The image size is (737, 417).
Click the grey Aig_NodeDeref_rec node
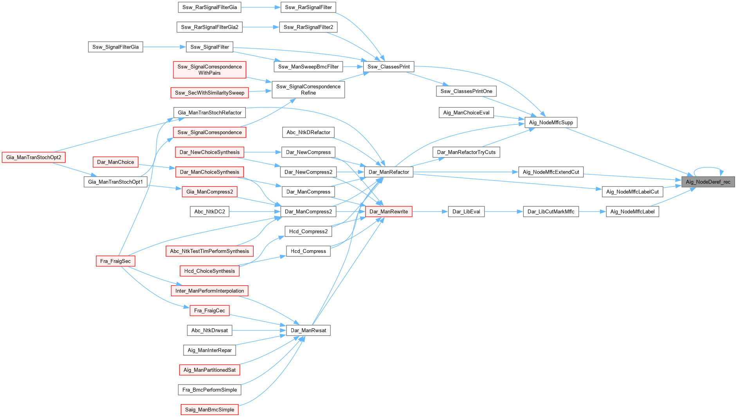coord(708,182)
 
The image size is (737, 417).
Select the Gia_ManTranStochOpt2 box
coord(34,157)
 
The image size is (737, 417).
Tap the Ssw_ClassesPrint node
coord(388,67)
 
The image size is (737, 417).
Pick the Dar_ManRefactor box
coord(389,172)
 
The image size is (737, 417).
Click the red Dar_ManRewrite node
coord(389,211)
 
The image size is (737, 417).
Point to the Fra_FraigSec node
coord(115,261)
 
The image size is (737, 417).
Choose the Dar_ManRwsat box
coord(308,330)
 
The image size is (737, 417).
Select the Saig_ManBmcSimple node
coord(209,410)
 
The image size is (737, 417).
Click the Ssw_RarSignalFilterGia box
coord(209,7)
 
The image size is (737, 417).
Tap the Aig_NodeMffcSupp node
coord(551,122)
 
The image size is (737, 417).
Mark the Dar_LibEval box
coord(466,211)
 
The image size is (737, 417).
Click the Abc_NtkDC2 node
coord(209,211)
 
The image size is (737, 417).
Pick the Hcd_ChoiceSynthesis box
coord(209,271)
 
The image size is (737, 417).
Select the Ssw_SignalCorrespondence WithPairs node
coord(209,70)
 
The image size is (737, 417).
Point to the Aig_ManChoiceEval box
coord(466,113)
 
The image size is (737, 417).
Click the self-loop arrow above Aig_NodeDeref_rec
coord(708,168)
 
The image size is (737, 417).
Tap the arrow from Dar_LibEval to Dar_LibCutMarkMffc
coord(503,211)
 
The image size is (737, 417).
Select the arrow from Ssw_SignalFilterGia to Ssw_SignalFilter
coord(164,47)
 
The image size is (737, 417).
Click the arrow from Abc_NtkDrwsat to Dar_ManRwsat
coord(259,330)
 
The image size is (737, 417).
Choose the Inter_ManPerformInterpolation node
coord(209,291)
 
